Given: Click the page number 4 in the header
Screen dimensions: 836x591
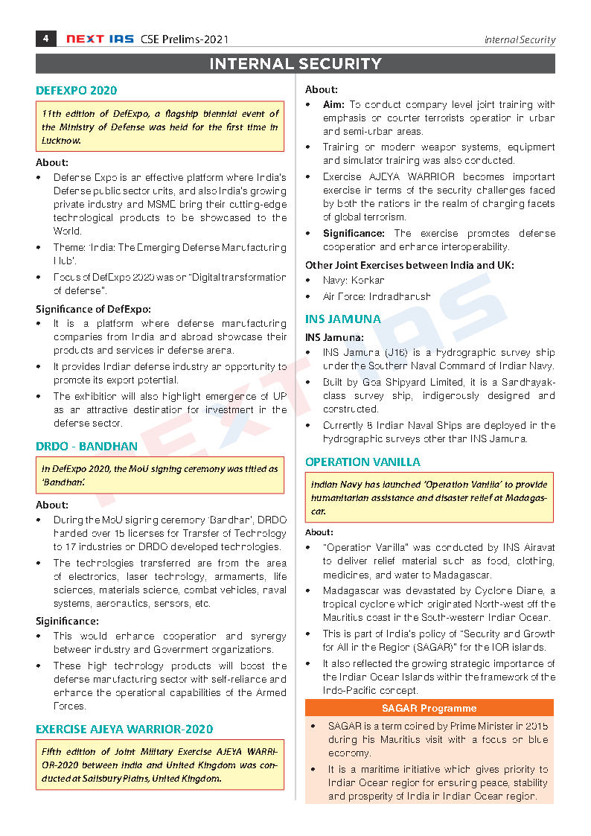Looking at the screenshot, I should click(x=45, y=39).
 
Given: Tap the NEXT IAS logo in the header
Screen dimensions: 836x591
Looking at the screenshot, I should click(x=99, y=39).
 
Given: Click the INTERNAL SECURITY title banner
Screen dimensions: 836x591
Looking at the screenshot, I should click(x=295, y=64).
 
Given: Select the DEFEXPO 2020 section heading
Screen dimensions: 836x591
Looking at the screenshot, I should click(x=76, y=91).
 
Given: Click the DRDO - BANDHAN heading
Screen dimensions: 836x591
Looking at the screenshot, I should click(x=86, y=447).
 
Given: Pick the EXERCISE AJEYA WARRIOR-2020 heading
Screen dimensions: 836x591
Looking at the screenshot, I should click(x=124, y=729).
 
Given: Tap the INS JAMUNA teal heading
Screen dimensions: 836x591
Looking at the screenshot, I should click(x=342, y=319).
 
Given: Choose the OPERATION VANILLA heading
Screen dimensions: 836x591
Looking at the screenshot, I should click(x=362, y=462).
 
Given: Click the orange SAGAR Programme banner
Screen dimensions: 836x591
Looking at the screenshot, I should click(x=429, y=708).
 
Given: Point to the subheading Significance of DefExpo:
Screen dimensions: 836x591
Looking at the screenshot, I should click(x=93, y=309).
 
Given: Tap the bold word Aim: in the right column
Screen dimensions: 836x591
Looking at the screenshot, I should click(x=333, y=105).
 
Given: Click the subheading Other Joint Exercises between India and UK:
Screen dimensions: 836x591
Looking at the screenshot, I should click(x=409, y=265).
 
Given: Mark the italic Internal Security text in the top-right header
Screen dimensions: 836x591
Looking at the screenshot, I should click(x=520, y=40).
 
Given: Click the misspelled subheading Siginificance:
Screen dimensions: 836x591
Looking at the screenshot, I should click(x=67, y=621).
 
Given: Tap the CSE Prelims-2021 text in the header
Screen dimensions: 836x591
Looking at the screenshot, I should click(x=185, y=39).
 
